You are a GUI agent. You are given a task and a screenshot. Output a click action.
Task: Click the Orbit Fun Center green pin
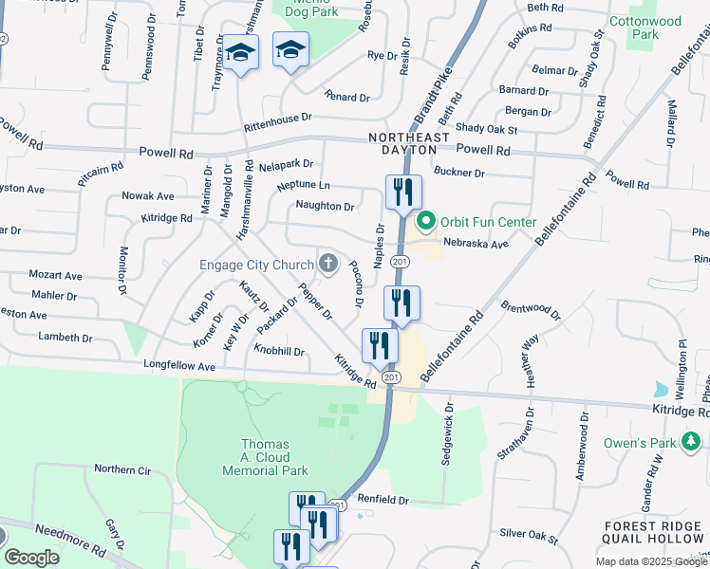tap(425, 223)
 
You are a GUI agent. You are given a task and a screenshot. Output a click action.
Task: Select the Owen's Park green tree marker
tap(693, 440)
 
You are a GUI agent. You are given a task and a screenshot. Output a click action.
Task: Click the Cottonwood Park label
tap(656, 27)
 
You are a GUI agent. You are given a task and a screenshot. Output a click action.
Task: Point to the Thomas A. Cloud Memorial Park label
tap(274, 457)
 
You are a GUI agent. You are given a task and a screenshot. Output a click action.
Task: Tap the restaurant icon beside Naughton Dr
tap(403, 193)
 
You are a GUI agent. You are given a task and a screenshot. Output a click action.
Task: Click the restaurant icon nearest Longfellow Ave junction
tap(380, 348)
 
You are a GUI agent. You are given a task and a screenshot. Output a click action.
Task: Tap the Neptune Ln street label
tap(304, 185)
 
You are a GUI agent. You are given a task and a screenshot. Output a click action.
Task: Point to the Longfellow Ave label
tap(179, 365)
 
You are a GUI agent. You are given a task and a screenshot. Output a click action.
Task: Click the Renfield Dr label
tap(383, 500)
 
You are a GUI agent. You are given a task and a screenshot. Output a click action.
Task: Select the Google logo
tap(32, 558)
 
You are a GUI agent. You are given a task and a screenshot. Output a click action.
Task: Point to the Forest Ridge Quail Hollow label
tap(655, 532)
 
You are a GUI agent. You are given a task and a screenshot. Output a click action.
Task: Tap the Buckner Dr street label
tap(459, 173)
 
